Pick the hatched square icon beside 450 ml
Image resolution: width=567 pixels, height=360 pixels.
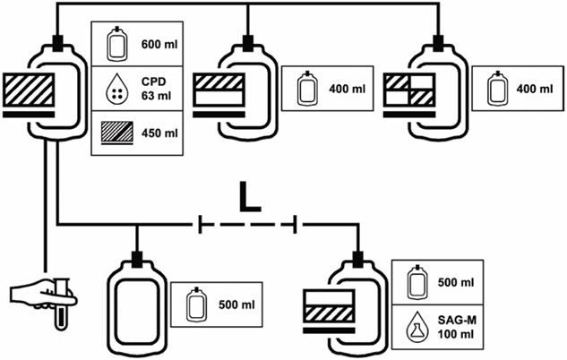pos(113,133)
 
